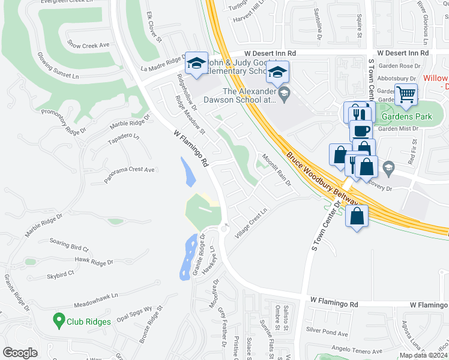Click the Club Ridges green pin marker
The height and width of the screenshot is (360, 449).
[59, 320]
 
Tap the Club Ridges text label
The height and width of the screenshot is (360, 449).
[88, 322]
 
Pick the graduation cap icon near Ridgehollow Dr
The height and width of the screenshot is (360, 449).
[196, 63]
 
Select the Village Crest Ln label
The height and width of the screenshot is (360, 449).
[250, 224]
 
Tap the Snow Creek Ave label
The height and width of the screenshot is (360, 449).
[88, 45]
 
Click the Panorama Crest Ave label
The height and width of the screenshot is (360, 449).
[128, 170]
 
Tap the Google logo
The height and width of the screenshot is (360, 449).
[20, 353]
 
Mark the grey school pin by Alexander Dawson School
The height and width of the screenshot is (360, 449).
[285, 92]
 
